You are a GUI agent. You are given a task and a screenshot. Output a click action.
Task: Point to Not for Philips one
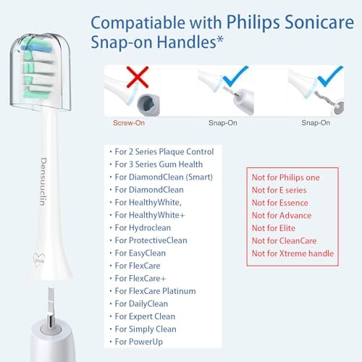285,177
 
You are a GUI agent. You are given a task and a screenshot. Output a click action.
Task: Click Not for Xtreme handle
292,253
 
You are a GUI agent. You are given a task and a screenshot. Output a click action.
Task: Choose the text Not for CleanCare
285,240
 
